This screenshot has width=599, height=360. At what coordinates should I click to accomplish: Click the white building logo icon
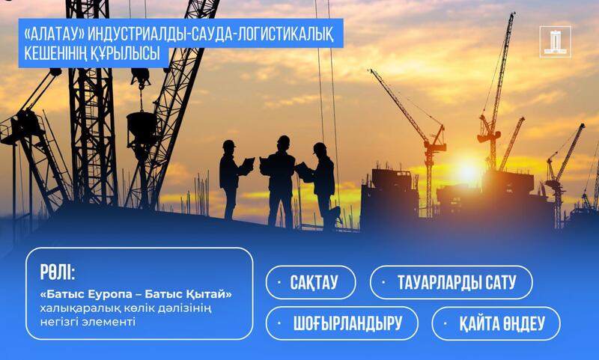[555, 42]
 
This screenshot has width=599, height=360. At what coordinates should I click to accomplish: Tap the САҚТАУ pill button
[311, 282]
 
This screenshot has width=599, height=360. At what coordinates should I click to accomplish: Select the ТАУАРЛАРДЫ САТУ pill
[451, 282]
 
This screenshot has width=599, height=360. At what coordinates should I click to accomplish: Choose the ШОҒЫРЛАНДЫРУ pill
[342, 323]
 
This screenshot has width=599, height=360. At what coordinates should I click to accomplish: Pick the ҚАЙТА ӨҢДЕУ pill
[496, 323]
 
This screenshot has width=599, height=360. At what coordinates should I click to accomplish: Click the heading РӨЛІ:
[58, 272]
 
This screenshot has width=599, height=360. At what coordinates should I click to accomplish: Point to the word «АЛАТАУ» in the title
[54, 35]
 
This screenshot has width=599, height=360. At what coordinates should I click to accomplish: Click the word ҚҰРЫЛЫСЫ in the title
[125, 53]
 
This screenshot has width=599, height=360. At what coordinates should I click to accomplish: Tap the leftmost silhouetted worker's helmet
[228, 144]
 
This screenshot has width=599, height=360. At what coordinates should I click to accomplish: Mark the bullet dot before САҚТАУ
[279, 282]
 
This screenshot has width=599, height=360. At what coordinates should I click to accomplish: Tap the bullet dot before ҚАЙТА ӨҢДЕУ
[445, 323]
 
